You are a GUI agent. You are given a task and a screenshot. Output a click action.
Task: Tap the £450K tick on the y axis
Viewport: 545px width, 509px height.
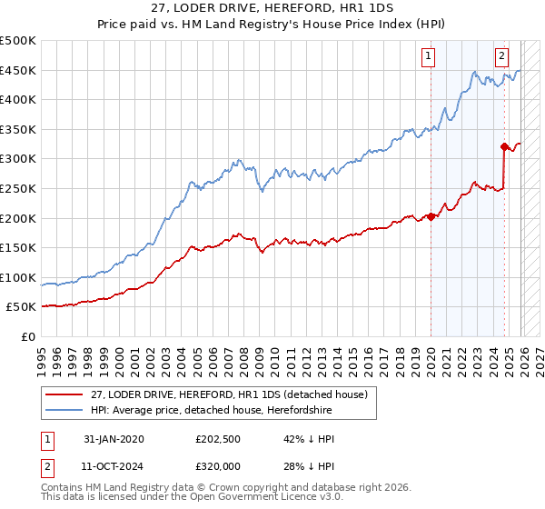click(18, 71)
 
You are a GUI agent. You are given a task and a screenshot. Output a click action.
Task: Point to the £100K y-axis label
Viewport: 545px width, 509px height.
click(18, 277)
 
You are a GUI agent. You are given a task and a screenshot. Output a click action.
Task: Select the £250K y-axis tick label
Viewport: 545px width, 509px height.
click(18, 189)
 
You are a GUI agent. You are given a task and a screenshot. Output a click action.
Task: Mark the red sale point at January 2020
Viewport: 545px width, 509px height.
click(431, 216)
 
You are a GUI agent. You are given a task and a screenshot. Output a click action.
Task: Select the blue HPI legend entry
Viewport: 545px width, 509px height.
click(209, 411)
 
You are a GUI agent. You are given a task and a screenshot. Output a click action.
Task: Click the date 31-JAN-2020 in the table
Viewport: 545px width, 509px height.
click(114, 439)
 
